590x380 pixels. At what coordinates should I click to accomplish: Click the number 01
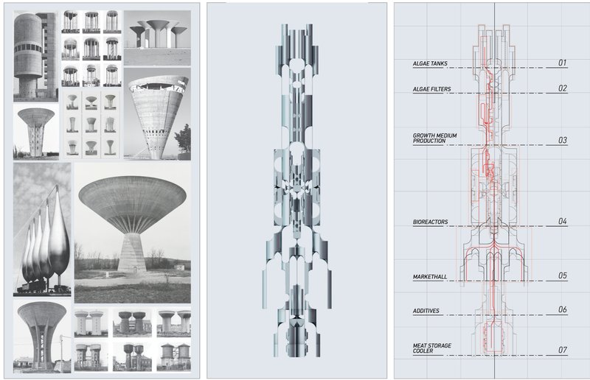click(562, 63)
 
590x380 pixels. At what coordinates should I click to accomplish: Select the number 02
click(562, 88)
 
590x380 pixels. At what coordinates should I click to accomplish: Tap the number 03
click(562, 140)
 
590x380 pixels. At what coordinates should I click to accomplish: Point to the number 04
click(562, 221)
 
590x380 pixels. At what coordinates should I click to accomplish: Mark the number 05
click(562, 275)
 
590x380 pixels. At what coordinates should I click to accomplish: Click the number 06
click(562, 310)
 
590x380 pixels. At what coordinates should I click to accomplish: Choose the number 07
click(562, 349)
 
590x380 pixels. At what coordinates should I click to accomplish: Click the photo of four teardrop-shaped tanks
click(43, 229)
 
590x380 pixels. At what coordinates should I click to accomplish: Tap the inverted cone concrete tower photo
click(156, 114)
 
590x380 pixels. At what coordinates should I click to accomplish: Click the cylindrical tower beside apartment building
click(35, 55)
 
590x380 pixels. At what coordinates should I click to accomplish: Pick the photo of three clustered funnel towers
click(156, 37)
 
